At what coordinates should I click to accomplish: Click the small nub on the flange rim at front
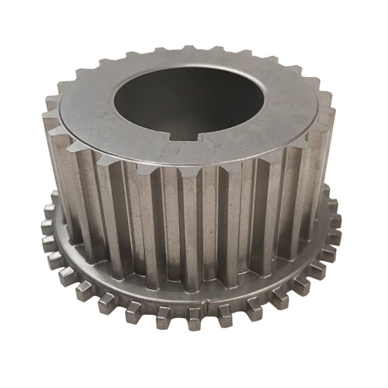(207, 304)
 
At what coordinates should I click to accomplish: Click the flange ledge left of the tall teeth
(67, 244)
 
